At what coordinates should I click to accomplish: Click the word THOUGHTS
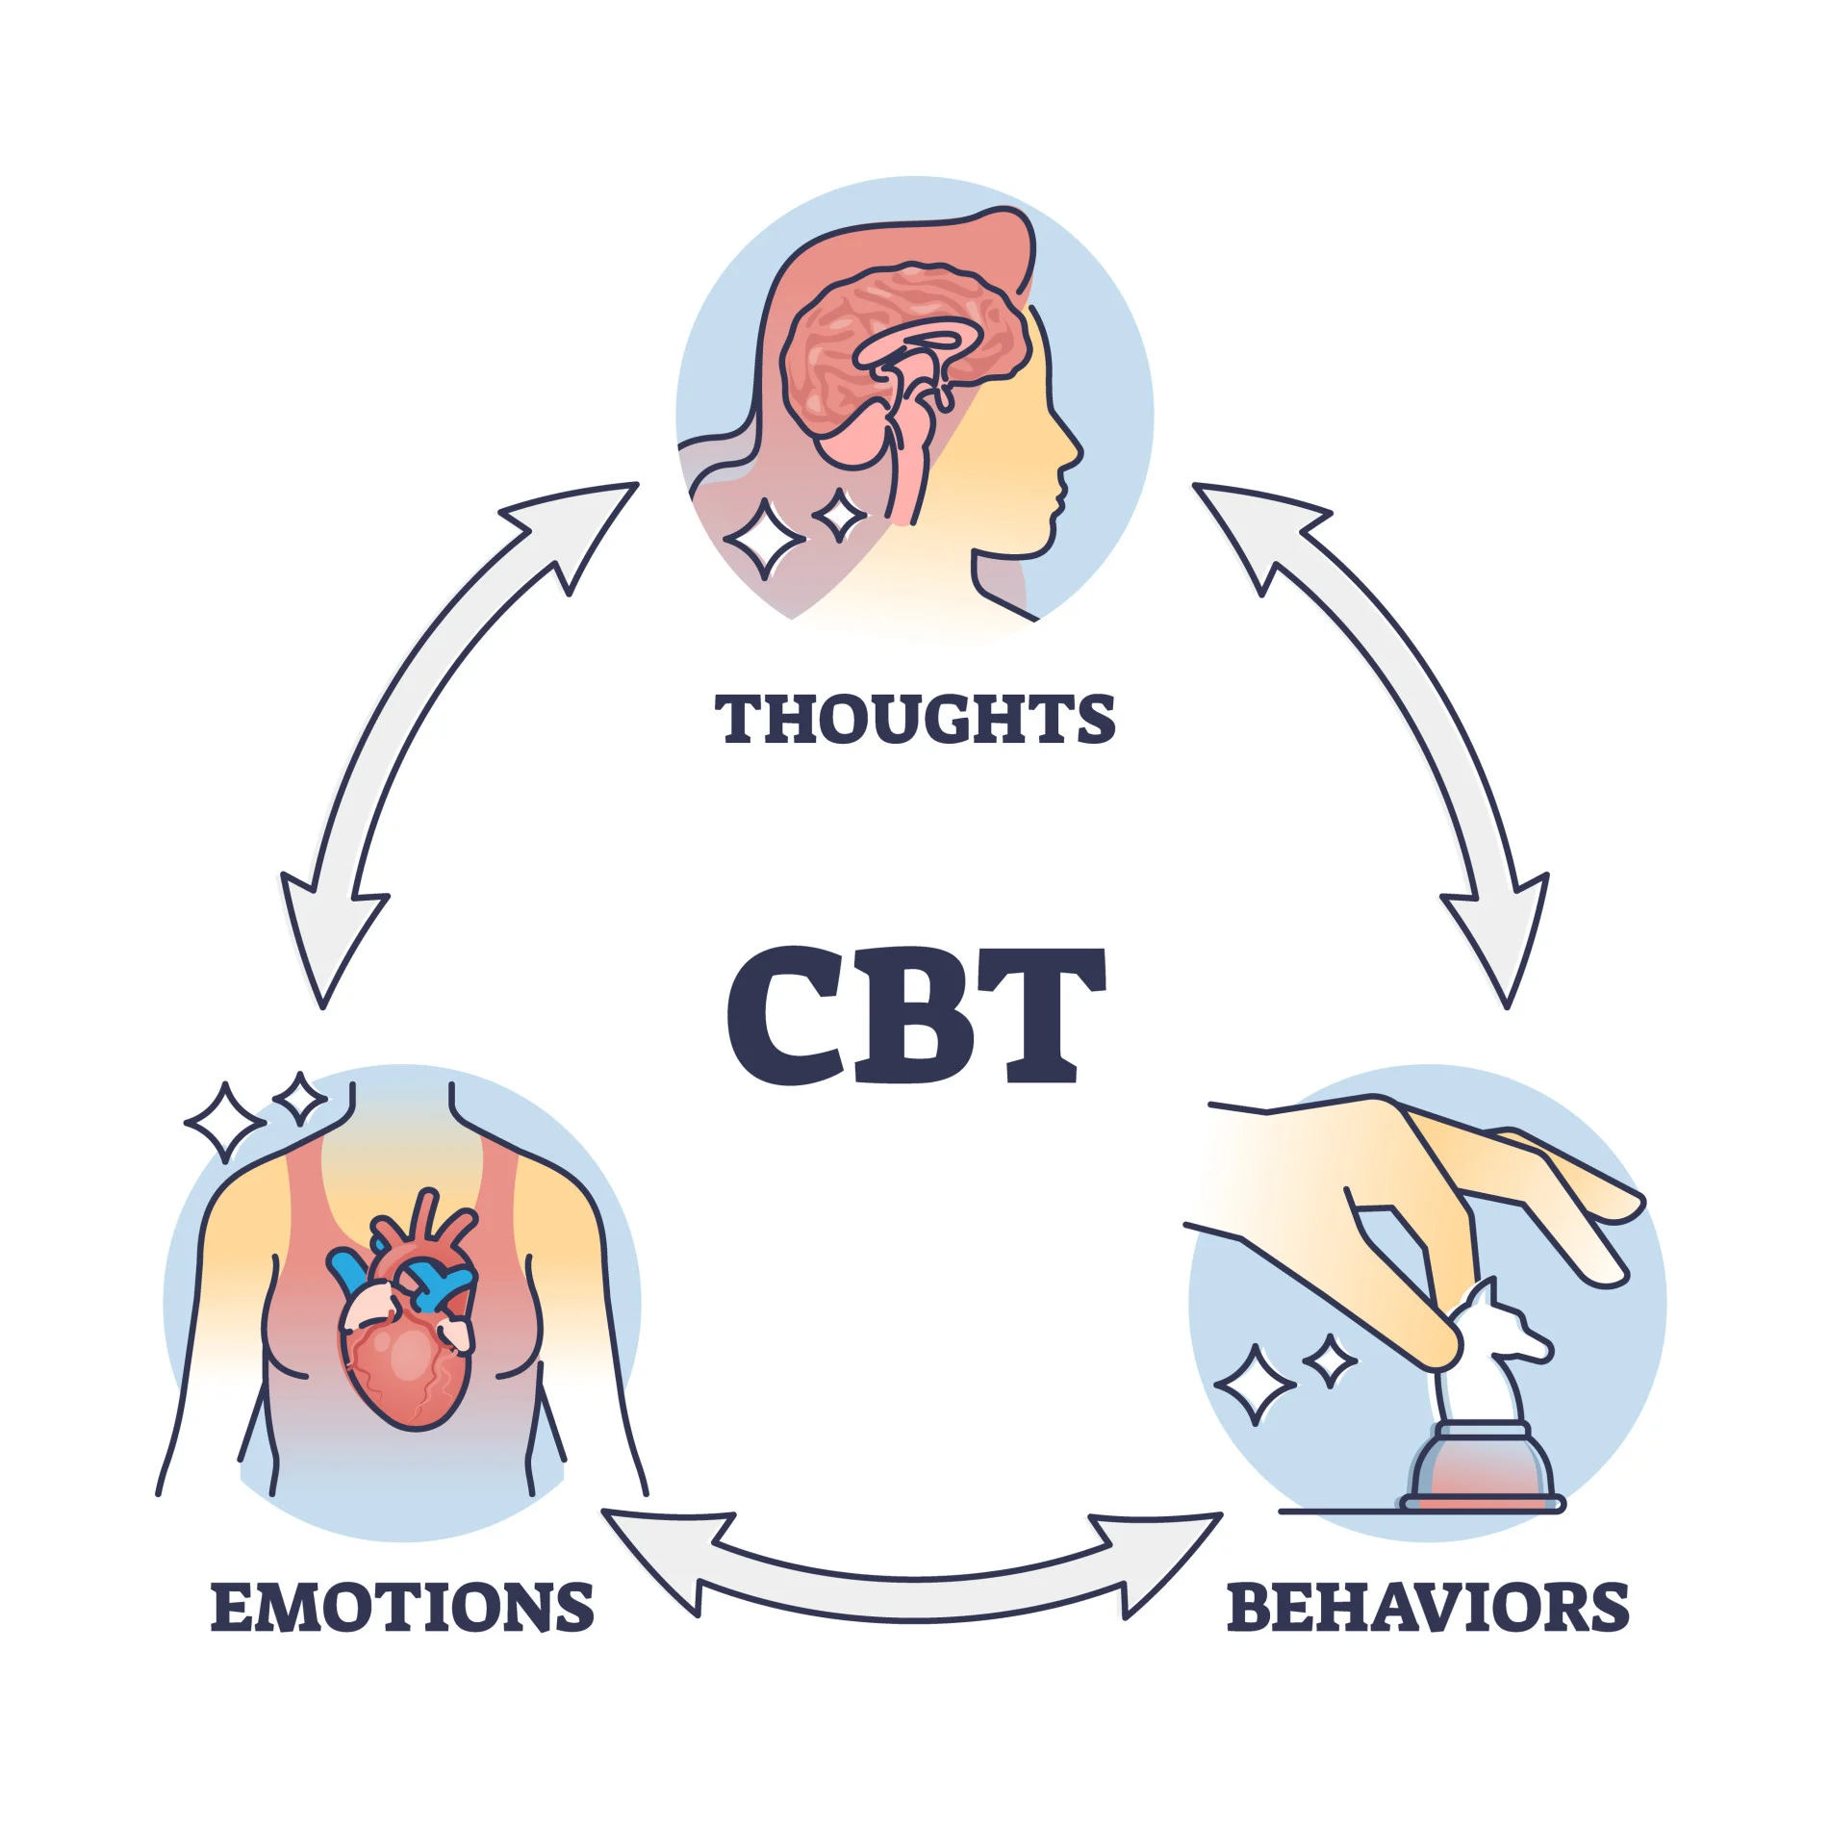(914, 720)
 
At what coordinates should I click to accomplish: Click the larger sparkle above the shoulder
(225, 1122)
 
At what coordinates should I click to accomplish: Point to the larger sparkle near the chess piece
(1255, 1385)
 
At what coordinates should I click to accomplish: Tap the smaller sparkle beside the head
(841, 515)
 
